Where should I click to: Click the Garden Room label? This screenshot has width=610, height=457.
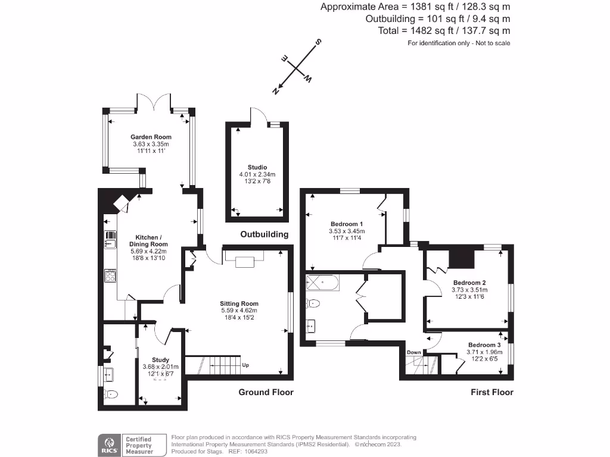(x=151, y=137)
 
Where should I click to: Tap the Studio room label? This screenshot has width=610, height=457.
(x=257, y=167)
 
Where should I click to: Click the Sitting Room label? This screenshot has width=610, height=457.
(x=239, y=303)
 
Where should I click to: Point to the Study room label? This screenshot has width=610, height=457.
(x=160, y=360)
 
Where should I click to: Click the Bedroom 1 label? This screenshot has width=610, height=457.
(x=347, y=224)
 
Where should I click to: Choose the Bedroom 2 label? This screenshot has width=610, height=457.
(x=469, y=283)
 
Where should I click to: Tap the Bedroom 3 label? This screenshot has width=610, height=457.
(x=484, y=345)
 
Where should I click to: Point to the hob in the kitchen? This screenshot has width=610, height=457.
(x=111, y=276)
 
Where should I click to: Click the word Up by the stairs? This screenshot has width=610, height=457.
(x=245, y=365)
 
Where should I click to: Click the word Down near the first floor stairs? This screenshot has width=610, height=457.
(x=413, y=352)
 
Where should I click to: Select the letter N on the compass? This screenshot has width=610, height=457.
(x=276, y=91)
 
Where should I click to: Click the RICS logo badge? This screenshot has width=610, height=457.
(x=109, y=444)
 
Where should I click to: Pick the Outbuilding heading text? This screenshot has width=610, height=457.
(x=264, y=234)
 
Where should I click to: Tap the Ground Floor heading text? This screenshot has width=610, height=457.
(x=266, y=392)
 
